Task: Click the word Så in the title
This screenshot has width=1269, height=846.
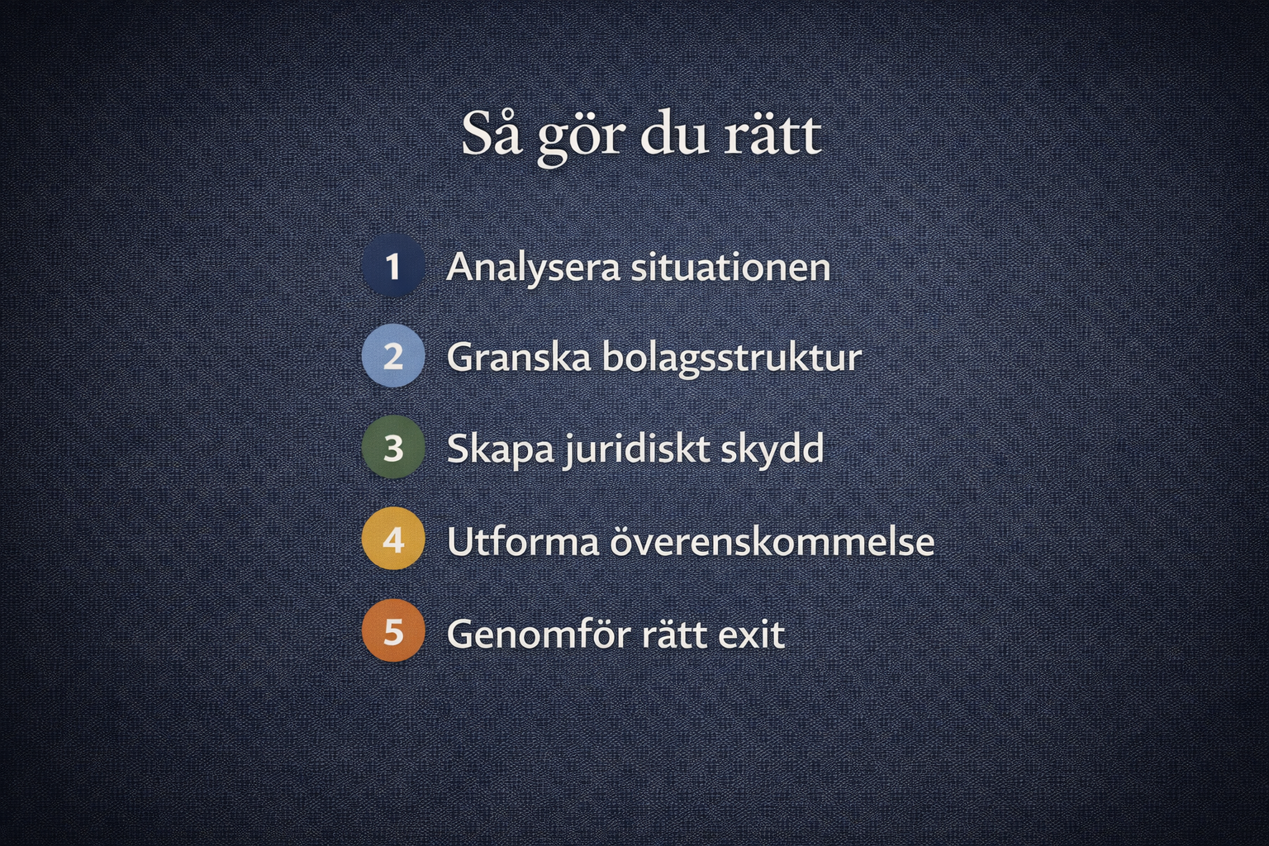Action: pyautogui.click(x=492, y=134)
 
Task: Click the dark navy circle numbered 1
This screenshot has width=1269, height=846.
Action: pyautogui.click(x=393, y=265)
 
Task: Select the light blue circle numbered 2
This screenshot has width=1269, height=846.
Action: pyautogui.click(x=393, y=356)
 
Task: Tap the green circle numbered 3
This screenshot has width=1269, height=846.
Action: pyautogui.click(x=393, y=447)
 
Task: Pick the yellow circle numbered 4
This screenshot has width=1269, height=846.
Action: pyautogui.click(x=393, y=539)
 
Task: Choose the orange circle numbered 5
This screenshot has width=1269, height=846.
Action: pyautogui.click(x=393, y=630)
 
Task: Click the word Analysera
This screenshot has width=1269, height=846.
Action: pyautogui.click(x=533, y=269)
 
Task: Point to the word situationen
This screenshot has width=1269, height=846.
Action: pyautogui.click(x=730, y=266)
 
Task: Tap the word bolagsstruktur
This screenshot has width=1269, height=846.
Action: pyautogui.click(x=731, y=359)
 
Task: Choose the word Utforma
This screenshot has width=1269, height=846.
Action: pyautogui.click(x=523, y=541)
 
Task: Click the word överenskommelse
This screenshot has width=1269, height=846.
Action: pyautogui.click(x=772, y=541)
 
